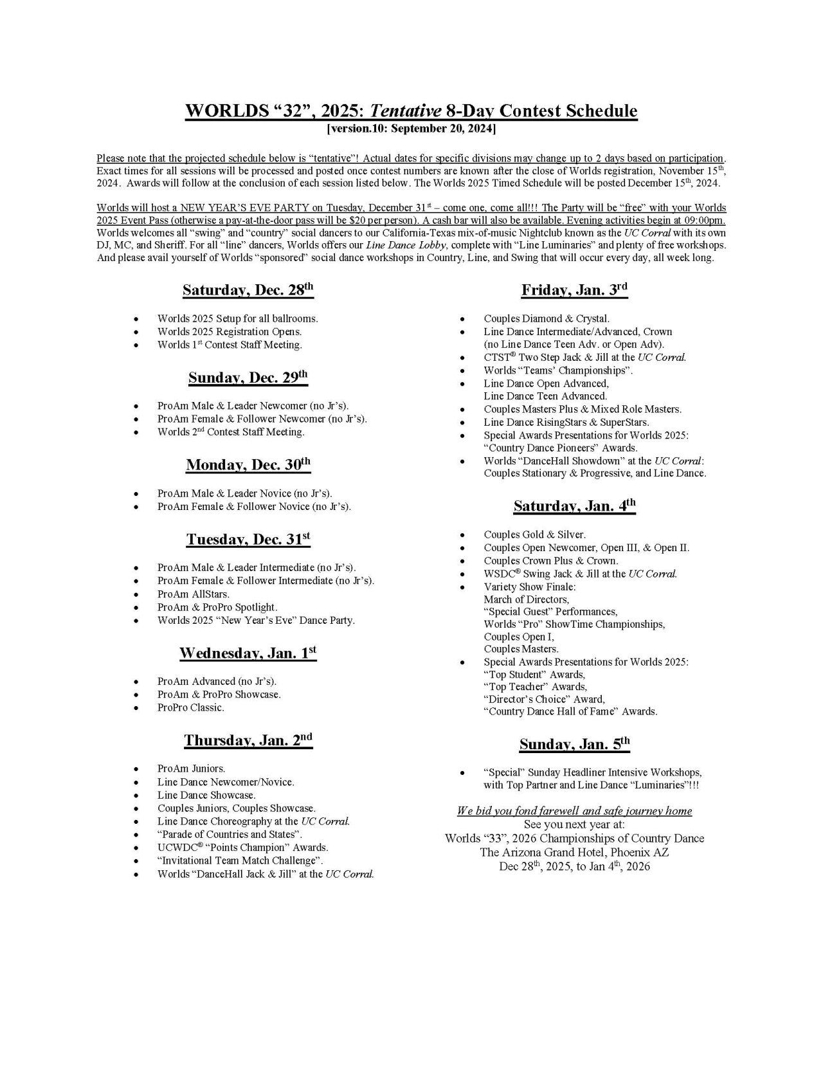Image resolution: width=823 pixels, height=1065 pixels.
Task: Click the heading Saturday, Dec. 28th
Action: [x=248, y=290]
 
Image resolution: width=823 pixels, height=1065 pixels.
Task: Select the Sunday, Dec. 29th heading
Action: [x=248, y=378]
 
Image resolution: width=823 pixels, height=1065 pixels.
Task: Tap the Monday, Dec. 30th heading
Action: [x=248, y=465]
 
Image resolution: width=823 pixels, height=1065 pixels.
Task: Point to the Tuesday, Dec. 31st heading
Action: [x=248, y=540]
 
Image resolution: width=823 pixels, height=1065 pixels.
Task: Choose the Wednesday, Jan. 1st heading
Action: [x=248, y=653]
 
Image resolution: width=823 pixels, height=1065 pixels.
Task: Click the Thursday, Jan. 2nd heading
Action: [x=248, y=741]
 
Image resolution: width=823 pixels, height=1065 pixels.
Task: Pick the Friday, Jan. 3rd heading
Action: [x=574, y=291]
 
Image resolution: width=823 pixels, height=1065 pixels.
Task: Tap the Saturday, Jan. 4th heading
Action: [x=574, y=506]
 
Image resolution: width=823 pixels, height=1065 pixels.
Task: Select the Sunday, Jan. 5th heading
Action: [x=574, y=745]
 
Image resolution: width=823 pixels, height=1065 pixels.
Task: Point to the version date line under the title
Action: [x=411, y=129]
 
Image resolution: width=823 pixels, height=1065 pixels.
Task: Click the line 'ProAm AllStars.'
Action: [x=193, y=594]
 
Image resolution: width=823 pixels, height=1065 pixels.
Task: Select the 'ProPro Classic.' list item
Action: [x=190, y=707]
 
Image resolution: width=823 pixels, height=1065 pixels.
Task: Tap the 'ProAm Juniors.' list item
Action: [x=191, y=769]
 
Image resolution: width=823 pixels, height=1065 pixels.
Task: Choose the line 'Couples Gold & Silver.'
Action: [x=534, y=534]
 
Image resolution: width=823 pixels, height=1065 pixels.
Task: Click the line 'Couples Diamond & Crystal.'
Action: [x=547, y=319]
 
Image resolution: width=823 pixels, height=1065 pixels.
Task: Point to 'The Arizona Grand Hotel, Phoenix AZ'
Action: [x=574, y=852]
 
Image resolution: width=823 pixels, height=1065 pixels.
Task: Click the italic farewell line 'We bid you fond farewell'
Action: [x=574, y=811]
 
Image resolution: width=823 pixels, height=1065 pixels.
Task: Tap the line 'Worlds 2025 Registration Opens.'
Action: [x=229, y=332]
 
